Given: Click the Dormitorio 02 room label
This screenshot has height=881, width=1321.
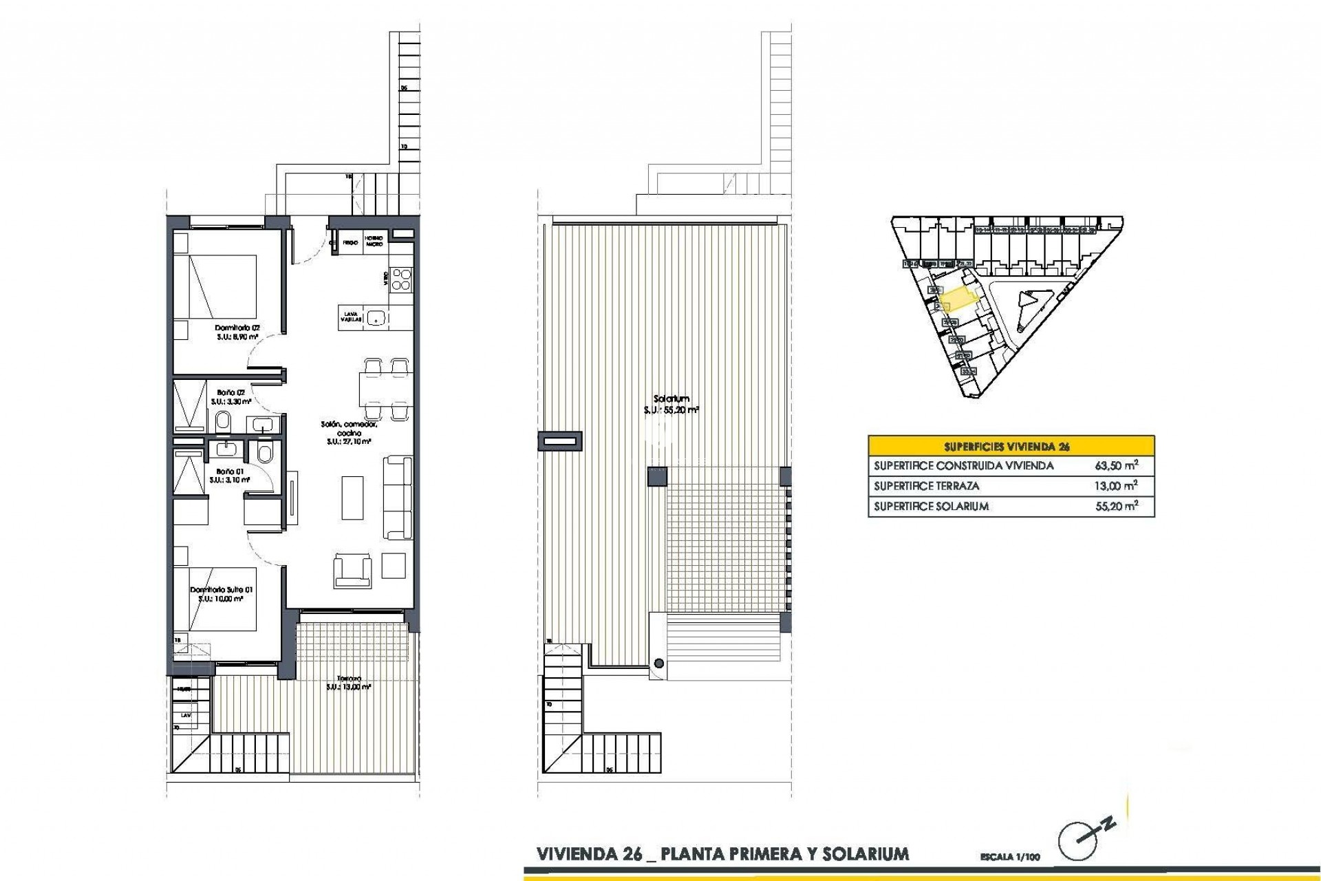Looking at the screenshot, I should click(x=237, y=328).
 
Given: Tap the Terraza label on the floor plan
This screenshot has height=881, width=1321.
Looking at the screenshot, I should click(x=349, y=678).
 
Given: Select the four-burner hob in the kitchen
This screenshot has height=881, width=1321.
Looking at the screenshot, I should click(x=400, y=279).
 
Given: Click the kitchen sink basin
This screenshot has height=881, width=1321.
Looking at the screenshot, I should click(x=375, y=317).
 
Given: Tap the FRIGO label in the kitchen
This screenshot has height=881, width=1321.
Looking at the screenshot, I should click(x=350, y=243).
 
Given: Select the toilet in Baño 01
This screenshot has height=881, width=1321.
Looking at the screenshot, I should click(x=264, y=452).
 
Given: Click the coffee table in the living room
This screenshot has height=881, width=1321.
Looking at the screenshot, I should click(x=352, y=497).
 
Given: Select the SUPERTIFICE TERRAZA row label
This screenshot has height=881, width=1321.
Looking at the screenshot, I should click(x=926, y=486).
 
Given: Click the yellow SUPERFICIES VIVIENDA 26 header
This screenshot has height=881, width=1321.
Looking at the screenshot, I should click(x=1011, y=446).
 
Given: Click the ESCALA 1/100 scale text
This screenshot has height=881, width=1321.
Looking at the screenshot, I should click(x=1010, y=858).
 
